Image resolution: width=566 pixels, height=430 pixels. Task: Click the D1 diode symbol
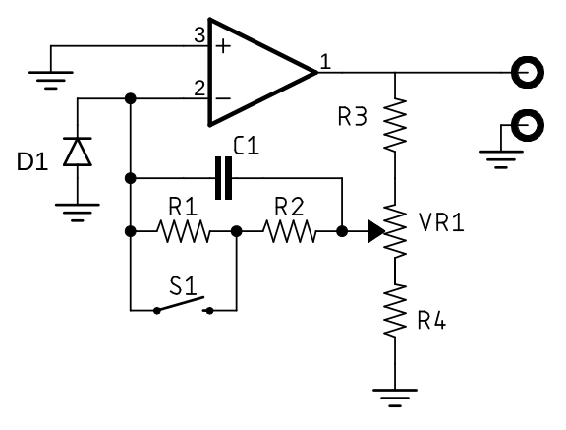tap(78, 152)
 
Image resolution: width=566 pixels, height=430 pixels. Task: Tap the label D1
tap(32, 161)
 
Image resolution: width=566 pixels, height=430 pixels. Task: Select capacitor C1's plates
tap(223, 178)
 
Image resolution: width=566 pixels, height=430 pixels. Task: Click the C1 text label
tap(247, 146)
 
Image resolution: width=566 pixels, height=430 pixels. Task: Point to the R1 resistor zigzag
tap(183, 231)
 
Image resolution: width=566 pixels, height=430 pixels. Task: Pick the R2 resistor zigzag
tap(289, 231)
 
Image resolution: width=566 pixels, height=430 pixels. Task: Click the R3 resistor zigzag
tap(395, 124)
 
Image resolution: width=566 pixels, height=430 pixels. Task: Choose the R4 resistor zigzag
tap(395, 310)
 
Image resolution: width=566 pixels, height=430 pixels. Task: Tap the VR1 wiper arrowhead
tap(375, 231)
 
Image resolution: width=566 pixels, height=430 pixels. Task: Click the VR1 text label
tap(441, 221)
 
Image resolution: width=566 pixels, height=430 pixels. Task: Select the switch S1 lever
tap(181, 304)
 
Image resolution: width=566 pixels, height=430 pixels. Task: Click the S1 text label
tap(184, 285)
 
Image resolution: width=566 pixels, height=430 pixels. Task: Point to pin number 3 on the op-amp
tap(199, 35)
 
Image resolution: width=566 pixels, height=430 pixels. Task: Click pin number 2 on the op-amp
tap(199, 89)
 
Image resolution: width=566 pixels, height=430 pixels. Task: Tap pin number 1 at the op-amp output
tap(325, 61)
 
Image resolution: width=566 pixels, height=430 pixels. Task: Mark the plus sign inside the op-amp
tap(223, 46)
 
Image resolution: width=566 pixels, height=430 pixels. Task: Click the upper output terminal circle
tap(528, 72)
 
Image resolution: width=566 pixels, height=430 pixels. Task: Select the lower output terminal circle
tap(528, 125)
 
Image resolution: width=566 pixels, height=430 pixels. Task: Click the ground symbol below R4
tap(395, 398)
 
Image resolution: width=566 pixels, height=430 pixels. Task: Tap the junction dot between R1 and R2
tap(236, 231)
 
